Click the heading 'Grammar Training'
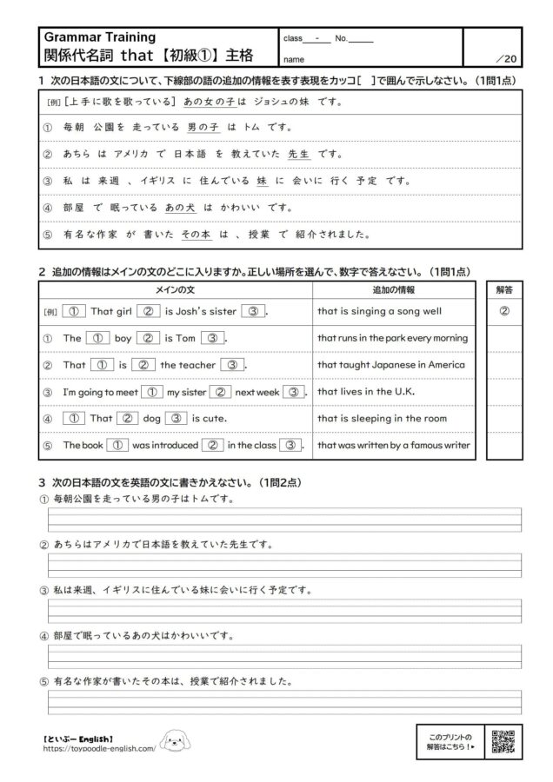pyautogui.click(x=99, y=37)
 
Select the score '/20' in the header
pyautogui.click(x=504, y=59)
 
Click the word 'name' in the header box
pyautogui.click(x=293, y=60)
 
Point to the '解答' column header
pyautogui.click(x=504, y=289)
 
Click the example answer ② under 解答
pyautogui.click(x=504, y=310)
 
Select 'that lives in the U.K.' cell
pyautogui.click(x=366, y=391)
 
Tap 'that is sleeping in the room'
pyautogui.click(x=382, y=418)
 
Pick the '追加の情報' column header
pyautogui.click(x=393, y=289)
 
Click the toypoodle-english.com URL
pyautogui.click(x=100, y=747)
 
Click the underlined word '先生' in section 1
pyautogui.click(x=298, y=155)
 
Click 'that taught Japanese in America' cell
pyautogui.click(x=390, y=365)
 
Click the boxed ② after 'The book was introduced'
pyautogui.click(x=212, y=445)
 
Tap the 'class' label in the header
pyautogui.click(x=293, y=38)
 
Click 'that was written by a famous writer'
pyautogui.click(x=393, y=445)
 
